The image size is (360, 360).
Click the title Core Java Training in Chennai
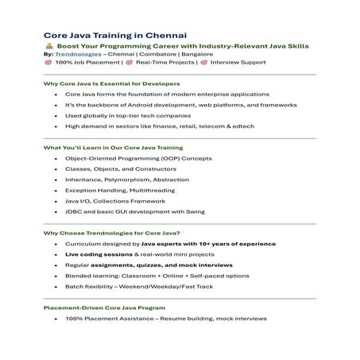pos(114,34)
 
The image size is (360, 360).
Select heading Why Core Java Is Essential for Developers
pos(111,83)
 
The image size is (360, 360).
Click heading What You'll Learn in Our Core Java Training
pos(114,148)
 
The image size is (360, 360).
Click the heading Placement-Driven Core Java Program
pos(105,307)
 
